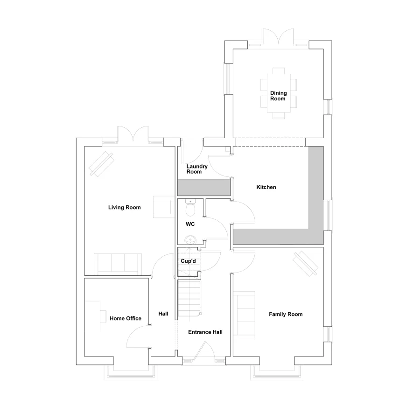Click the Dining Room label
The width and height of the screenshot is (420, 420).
click(x=278, y=96)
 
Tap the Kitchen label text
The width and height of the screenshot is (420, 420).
click(x=266, y=187)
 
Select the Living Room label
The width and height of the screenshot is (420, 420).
click(x=124, y=208)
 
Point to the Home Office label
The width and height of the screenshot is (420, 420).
click(x=125, y=319)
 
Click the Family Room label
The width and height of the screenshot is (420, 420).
click(x=285, y=314)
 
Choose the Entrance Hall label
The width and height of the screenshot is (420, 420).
click(x=205, y=332)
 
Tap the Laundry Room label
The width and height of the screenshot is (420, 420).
click(x=194, y=169)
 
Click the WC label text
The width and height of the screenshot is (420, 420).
click(x=190, y=224)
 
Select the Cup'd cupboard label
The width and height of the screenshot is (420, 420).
click(x=188, y=261)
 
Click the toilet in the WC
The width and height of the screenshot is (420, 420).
click(x=189, y=207)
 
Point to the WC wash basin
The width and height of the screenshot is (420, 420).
click(x=190, y=240)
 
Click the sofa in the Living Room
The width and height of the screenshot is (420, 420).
click(x=118, y=264)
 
